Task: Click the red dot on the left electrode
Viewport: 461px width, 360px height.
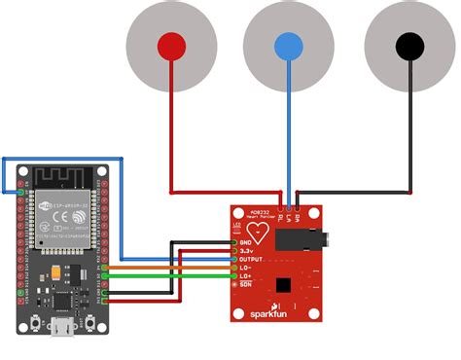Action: (171, 46)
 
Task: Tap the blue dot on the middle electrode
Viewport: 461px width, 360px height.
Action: (288, 46)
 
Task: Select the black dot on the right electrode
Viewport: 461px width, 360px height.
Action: (408, 46)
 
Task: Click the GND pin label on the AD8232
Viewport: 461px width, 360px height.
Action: (247, 241)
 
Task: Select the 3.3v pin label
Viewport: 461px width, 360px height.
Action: (248, 251)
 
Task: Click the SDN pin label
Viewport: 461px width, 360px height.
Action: (247, 286)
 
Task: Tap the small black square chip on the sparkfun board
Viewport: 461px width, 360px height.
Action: (283, 285)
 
